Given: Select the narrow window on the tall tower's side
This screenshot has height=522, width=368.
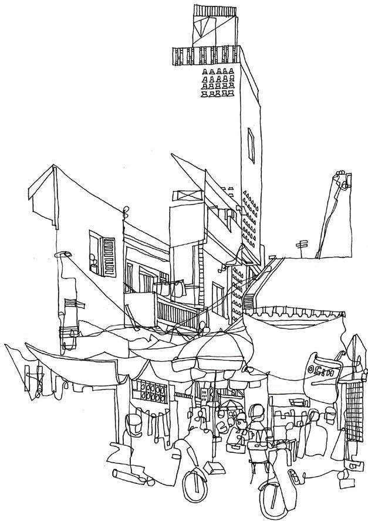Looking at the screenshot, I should pyautogui.click(x=251, y=147).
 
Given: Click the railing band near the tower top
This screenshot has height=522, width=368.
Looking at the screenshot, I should pyautogui.click(x=206, y=56).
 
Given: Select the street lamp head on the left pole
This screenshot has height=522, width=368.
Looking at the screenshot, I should pyautogui.click(x=63, y=256).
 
